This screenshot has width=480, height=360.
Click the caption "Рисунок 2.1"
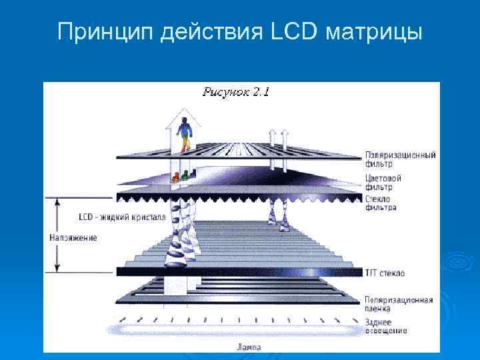point(235,92)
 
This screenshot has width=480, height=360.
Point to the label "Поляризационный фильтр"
point(400,159)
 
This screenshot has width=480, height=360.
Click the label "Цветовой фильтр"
point(383,182)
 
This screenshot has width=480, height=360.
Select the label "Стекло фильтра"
point(381,203)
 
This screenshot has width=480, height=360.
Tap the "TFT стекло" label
point(385,273)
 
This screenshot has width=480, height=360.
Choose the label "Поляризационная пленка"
point(399,303)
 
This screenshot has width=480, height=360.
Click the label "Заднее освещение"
point(383,327)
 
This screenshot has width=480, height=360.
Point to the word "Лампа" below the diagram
point(249,347)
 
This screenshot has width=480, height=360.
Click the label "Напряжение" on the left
point(73,237)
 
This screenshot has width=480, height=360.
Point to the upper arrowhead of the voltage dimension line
point(57,200)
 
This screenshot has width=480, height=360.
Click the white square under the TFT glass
point(175,285)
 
